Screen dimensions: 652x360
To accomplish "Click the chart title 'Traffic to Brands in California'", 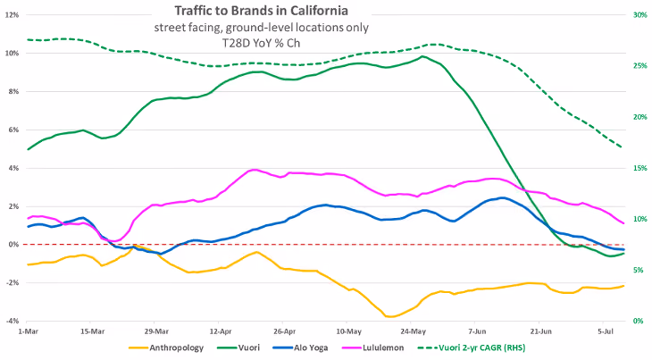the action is coord(261,11).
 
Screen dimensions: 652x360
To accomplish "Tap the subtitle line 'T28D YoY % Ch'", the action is coord(261,43).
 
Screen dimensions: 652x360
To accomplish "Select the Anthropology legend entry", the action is coord(166,347).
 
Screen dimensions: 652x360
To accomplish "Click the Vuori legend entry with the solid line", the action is coord(238,347).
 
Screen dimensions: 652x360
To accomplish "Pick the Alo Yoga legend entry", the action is coord(300,347).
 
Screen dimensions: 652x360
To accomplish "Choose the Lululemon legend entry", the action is coord(372,347).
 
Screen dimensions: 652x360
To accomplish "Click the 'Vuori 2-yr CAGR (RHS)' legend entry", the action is coord(471,347).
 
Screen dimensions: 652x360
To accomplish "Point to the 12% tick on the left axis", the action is coord(13,15).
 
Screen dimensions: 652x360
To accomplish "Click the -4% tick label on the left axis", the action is coord(13,321).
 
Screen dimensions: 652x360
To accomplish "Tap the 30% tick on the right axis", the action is coord(639,15).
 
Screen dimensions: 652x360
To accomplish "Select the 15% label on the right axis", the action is coord(639,168).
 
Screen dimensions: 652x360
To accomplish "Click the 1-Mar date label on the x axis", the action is coord(27,331).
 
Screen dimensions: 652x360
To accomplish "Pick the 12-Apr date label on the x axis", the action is coord(221,331).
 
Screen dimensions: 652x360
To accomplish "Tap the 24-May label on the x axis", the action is coord(413,331).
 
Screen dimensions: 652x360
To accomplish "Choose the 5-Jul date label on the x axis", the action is coord(606,331).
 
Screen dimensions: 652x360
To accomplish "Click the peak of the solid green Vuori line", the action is coord(422,56).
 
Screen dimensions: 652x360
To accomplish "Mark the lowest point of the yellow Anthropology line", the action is coord(390,317).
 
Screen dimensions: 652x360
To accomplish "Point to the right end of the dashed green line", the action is coord(622,147).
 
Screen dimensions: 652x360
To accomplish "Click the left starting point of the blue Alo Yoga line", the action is coord(28,227).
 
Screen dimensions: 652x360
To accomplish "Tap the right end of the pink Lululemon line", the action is coord(623,223).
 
